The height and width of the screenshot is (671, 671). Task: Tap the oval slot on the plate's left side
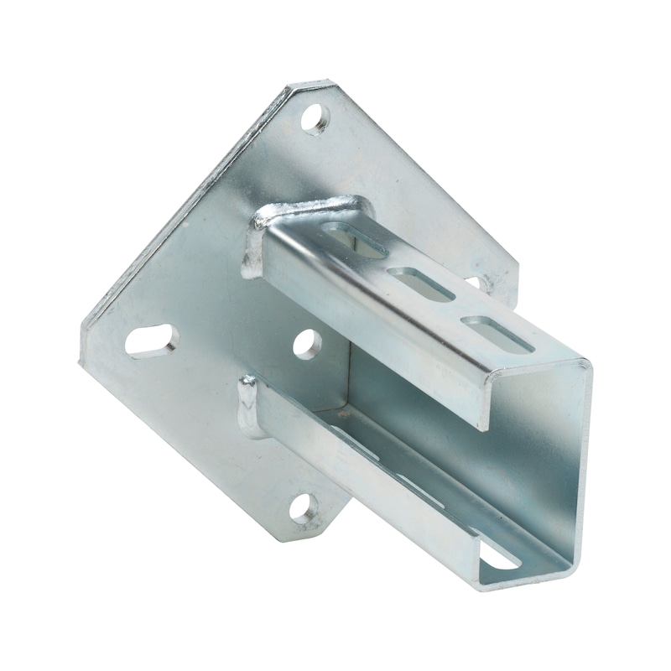[152, 341]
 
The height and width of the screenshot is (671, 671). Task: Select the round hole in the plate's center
[307, 343]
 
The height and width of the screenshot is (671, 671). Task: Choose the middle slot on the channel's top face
[422, 283]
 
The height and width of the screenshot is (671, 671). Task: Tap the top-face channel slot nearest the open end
[500, 333]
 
